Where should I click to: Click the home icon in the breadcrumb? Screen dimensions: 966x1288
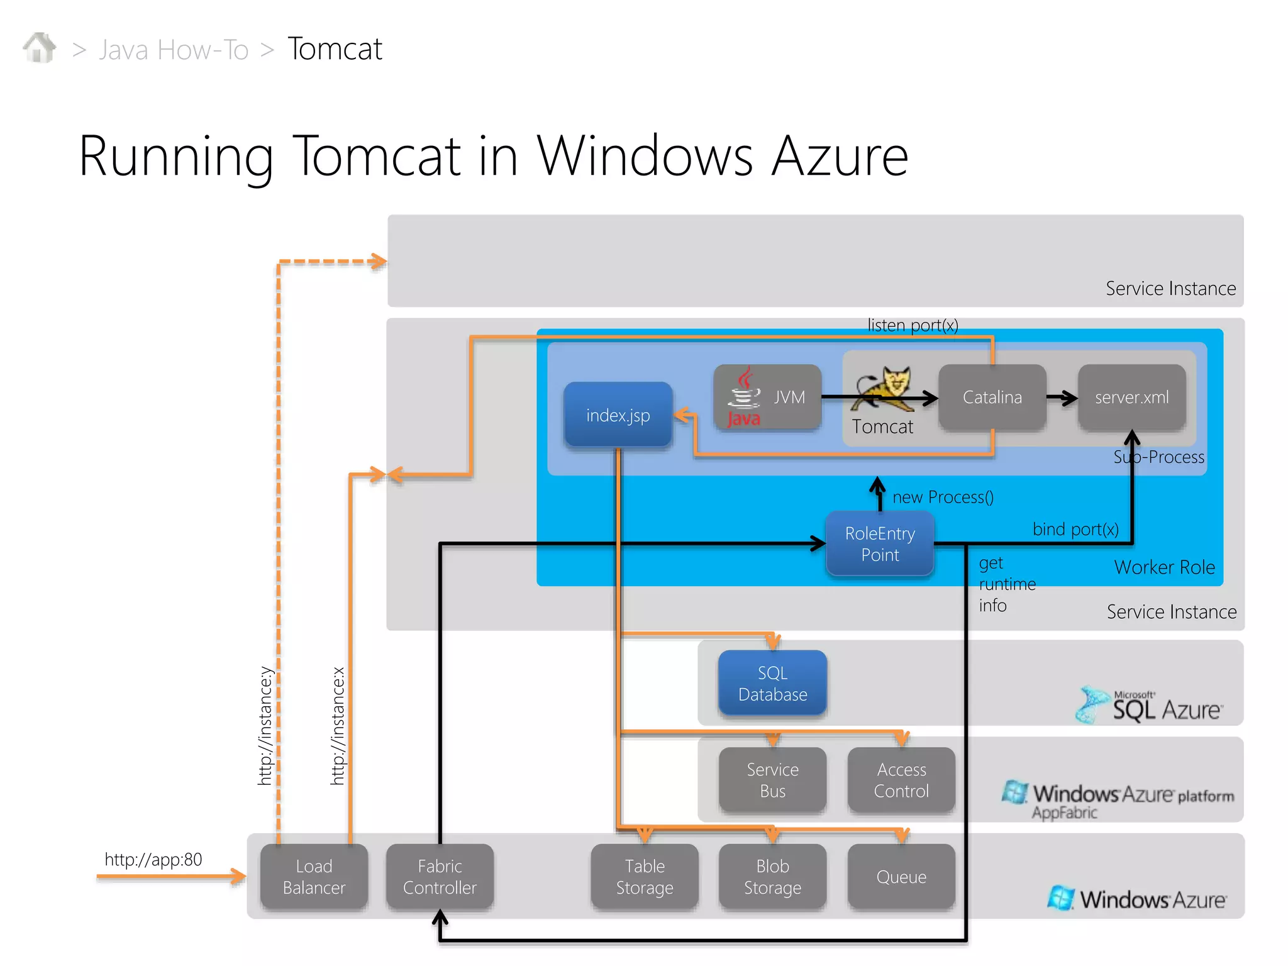(40, 48)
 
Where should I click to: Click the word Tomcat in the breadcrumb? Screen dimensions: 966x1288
(335, 49)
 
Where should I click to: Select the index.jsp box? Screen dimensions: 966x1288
(618, 415)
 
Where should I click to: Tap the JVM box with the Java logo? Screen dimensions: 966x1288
(767, 397)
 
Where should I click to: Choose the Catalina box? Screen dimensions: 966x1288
(992, 397)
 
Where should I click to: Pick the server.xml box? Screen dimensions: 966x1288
(1131, 397)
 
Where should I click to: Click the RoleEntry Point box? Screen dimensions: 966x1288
(879, 544)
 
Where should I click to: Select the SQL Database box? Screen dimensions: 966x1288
(772, 684)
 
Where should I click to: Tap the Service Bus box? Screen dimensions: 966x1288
(772, 780)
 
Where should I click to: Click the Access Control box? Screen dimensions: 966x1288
(901, 780)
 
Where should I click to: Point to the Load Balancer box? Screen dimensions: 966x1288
(314, 877)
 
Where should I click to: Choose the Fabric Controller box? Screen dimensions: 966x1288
(440, 877)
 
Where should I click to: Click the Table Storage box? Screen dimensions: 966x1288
(645, 877)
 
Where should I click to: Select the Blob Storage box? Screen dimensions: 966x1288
(772, 877)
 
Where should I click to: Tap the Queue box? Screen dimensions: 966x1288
(901, 877)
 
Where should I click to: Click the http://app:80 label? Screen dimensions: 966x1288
(153, 860)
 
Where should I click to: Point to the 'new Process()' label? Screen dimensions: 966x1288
(943, 497)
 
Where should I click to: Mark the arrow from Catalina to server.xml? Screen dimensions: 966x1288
(1062, 397)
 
